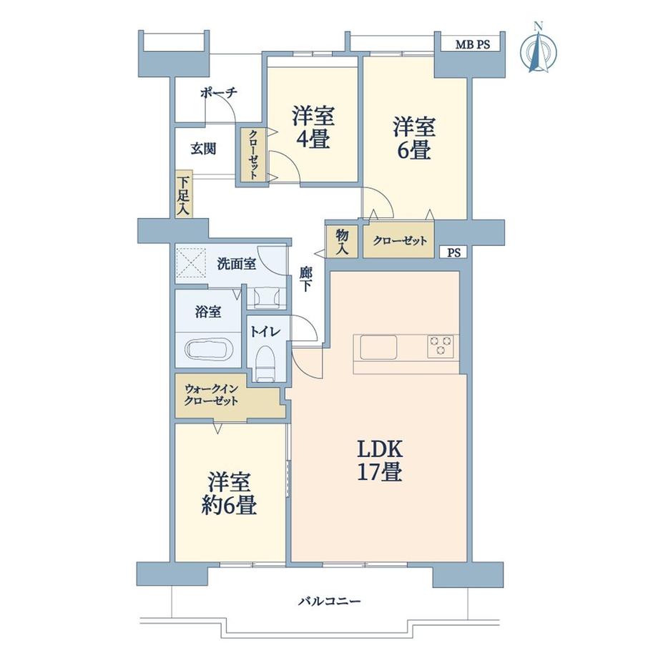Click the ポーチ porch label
click(x=218, y=93)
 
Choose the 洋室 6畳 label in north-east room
click(x=412, y=138)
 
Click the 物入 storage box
click(x=342, y=240)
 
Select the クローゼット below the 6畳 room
click(x=398, y=241)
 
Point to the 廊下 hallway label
click(x=305, y=278)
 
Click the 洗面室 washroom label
click(x=236, y=263)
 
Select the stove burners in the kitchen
click(x=441, y=345)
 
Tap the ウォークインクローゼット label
click(x=211, y=395)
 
